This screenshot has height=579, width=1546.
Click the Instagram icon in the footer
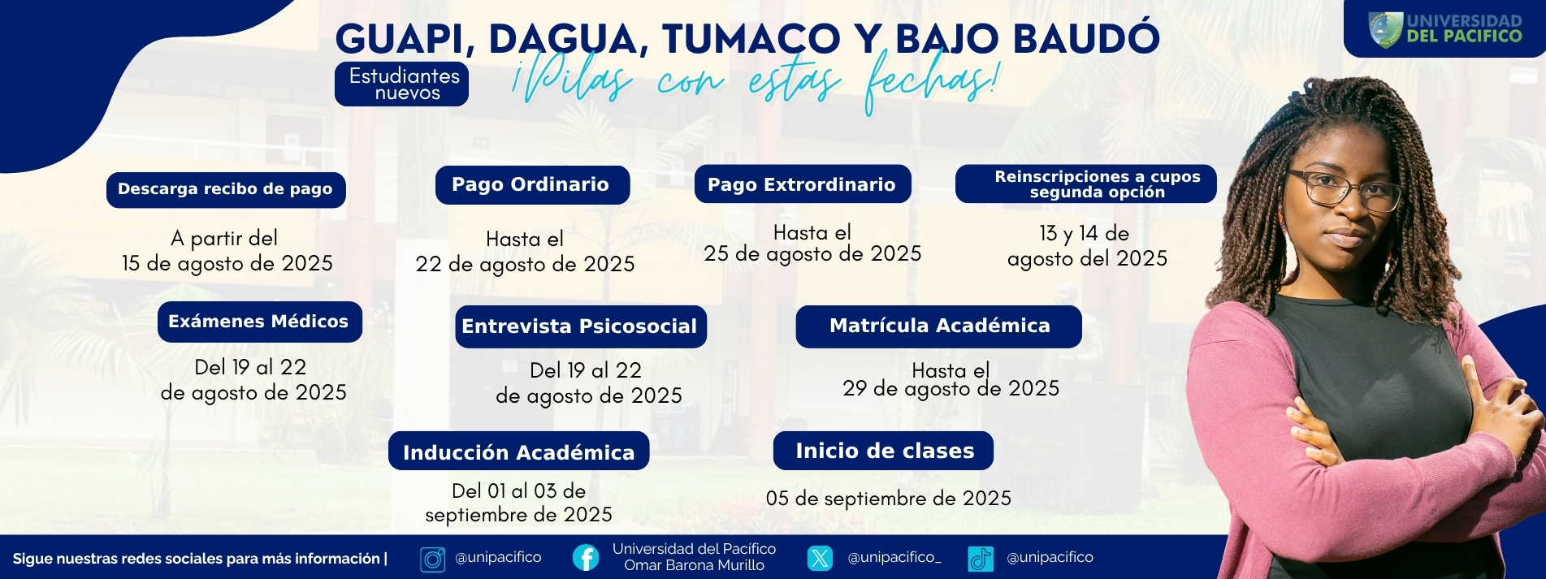pos(433,559)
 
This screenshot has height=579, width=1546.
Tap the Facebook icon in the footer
pos(586,558)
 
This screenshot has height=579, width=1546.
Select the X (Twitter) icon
pos(821,558)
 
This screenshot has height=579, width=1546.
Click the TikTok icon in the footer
pos(981,559)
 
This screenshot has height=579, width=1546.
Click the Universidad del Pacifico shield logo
pos(1385,28)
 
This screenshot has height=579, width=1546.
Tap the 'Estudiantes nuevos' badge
pos(402,84)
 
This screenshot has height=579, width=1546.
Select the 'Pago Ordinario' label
pos(532,185)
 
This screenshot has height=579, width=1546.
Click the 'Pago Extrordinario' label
pos(803,184)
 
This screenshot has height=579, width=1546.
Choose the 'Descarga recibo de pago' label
pos(226,190)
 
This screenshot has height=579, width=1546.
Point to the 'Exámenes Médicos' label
pos(259,322)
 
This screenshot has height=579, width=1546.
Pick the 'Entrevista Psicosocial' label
pos(580,326)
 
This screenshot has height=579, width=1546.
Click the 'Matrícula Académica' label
pos(939,326)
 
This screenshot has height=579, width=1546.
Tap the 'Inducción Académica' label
pos(518,451)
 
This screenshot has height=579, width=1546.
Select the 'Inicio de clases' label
pos(884,451)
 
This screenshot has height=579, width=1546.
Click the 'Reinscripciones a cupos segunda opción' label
pos(1086,184)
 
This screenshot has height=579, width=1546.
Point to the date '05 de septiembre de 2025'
pos(889,498)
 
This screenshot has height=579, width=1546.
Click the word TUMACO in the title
pos(751,39)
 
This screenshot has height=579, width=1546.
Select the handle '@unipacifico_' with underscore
pos(894,558)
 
